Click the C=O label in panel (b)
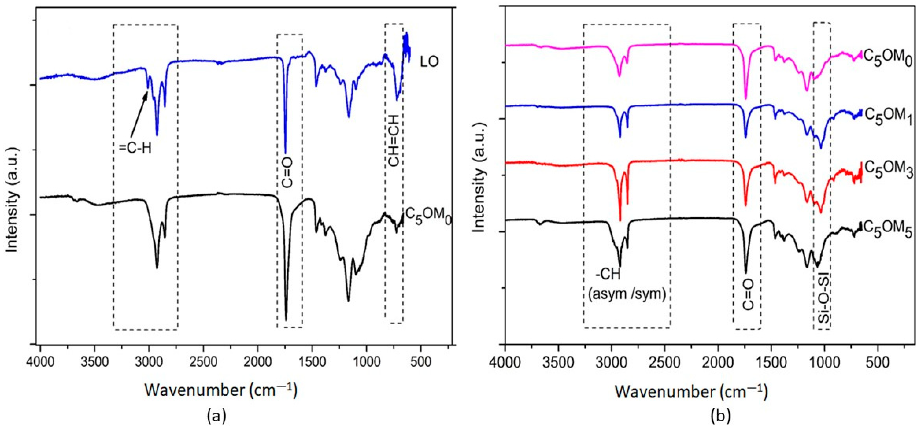(748, 304)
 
